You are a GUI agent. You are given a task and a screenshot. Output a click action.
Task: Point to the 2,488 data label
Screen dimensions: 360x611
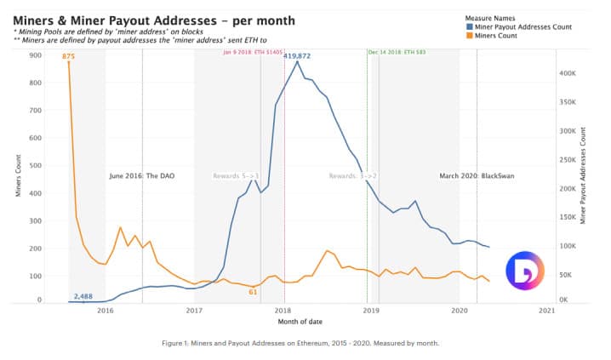tap(83, 295)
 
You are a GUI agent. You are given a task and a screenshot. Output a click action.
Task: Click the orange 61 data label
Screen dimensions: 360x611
tap(253, 292)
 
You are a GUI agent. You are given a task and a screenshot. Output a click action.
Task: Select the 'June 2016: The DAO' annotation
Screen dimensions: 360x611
tap(140, 176)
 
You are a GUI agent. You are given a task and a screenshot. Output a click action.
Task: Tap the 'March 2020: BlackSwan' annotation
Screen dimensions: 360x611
tap(477, 176)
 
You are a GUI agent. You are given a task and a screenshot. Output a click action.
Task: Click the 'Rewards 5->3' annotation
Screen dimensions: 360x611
tap(235, 176)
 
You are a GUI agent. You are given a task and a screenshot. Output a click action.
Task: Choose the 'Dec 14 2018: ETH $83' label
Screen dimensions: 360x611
tap(397, 52)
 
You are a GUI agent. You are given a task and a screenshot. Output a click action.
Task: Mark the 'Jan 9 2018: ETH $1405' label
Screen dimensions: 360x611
tap(253, 52)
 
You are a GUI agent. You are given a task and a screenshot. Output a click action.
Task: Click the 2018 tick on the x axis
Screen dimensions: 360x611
tap(283, 311)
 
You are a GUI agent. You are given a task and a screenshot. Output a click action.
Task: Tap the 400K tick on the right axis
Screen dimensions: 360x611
tap(568, 73)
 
